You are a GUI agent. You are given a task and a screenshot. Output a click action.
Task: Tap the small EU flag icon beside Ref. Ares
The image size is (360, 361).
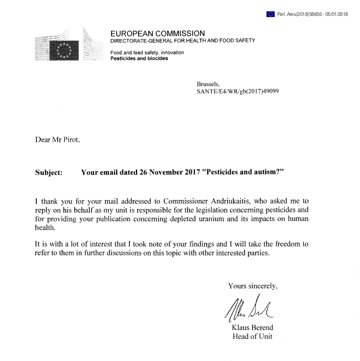(270, 14)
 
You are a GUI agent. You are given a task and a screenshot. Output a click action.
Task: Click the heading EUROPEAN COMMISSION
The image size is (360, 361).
(158, 33)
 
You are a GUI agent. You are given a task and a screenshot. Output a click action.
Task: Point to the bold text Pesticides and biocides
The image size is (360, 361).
(139, 58)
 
